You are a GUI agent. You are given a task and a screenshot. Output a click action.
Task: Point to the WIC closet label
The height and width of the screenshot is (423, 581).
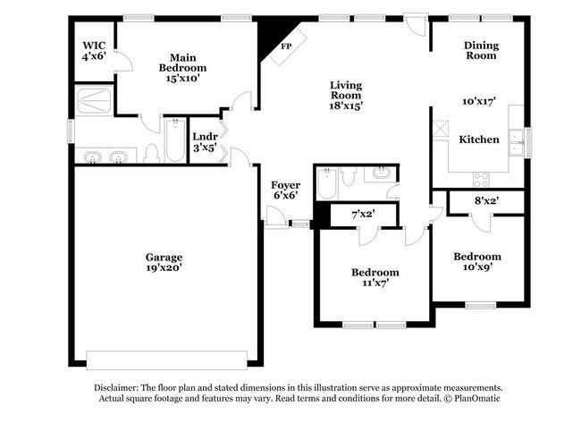click(x=94, y=45)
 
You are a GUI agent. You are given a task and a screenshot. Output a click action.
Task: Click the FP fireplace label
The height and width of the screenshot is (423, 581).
click(x=287, y=47)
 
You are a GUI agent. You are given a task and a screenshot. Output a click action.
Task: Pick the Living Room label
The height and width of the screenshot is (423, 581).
click(x=345, y=91)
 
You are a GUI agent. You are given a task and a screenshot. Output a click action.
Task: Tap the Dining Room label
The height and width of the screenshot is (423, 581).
click(x=480, y=50)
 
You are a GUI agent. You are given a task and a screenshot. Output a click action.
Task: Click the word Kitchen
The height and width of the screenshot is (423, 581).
click(x=479, y=140)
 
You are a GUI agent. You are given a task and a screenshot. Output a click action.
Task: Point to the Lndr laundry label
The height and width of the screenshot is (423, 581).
click(x=205, y=137)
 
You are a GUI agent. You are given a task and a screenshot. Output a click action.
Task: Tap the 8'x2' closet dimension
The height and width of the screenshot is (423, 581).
click(x=486, y=202)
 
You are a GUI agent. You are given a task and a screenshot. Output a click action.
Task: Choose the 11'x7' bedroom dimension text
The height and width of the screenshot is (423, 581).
click(x=375, y=283)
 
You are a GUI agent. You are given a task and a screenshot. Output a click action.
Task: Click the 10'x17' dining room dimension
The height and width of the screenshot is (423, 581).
click(x=479, y=102)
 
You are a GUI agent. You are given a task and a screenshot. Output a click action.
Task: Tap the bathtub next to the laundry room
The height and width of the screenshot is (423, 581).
click(x=175, y=145)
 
